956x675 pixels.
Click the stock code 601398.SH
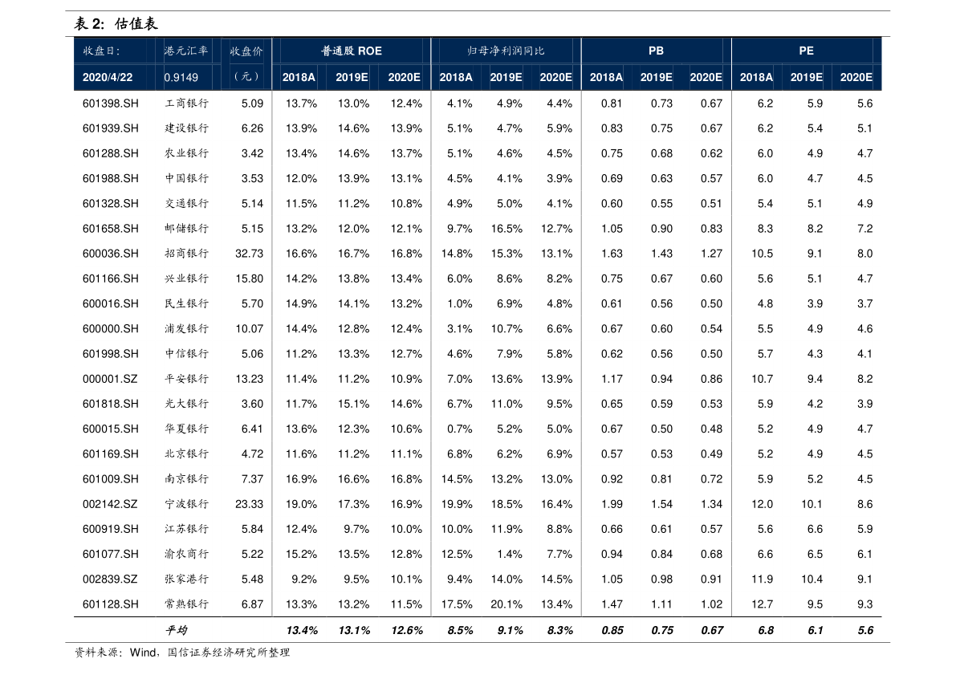click(110, 104)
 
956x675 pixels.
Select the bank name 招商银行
click(186, 254)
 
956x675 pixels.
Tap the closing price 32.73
click(249, 254)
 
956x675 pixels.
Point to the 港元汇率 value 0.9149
click(181, 78)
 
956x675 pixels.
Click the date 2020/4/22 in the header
click(108, 78)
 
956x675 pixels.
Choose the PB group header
click(656, 51)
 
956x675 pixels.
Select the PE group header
click(806, 51)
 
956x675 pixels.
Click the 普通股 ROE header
click(352, 51)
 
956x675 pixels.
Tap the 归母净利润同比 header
click(506, 51)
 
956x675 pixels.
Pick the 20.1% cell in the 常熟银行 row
click(506, 604)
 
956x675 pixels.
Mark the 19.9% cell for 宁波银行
click(457, 504)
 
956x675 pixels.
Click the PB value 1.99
click(611, 504)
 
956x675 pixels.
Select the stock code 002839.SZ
click(110, 579)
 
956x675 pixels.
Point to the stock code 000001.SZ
click(110, 379)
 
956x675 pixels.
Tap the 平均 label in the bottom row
click(176, 631)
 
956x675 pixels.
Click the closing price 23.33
click(249, 504)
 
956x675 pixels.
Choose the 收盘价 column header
click(246, 51)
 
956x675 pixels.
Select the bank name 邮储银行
click(186, 229)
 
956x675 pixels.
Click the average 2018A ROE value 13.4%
click(301, 631)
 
